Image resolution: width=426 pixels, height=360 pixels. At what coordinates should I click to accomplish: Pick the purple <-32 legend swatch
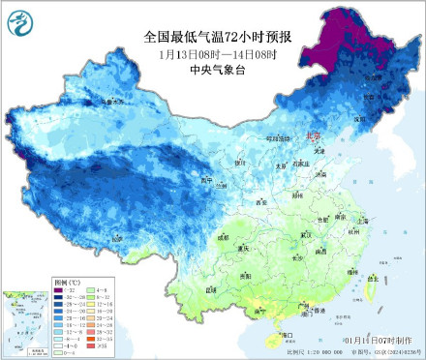[x=60, y=291]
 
